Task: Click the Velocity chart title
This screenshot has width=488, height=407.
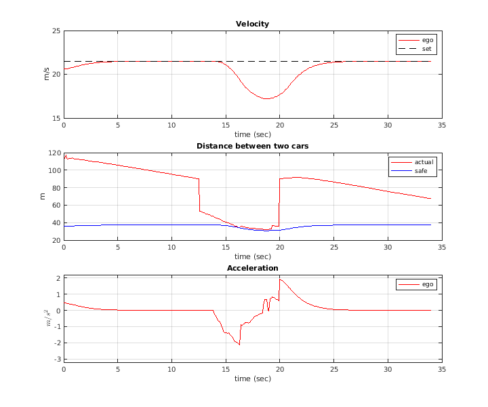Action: click(x=252, y=24)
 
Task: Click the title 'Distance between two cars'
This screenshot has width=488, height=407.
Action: click(x=252, y=146)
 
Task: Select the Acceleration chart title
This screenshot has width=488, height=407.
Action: click(x=252, y=268)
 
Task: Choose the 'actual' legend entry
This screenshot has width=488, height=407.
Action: click(x=424, y=162)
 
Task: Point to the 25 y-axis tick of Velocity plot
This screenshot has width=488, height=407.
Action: click(x=56, y=31)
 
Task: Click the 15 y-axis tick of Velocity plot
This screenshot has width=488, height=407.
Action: click(x=56, y=118)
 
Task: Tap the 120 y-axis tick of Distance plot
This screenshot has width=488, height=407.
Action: click(x=54, y=153)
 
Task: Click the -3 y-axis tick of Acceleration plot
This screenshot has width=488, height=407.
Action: click(x=58, y=360)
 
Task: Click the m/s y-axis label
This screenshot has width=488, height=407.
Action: click(x=47, y=75)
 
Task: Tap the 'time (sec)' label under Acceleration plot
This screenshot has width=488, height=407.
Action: click(x=252, y=378)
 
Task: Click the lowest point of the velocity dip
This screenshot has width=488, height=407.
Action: click(x=267, y=98)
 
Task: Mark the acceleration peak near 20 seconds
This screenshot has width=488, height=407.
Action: click(x=280, y=279)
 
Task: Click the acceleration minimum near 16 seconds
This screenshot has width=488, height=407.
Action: click(x=239, y=345)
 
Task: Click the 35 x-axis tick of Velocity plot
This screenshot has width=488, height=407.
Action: click(x=441, y=125)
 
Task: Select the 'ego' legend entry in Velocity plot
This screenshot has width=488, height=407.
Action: click(x=427, y=40)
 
